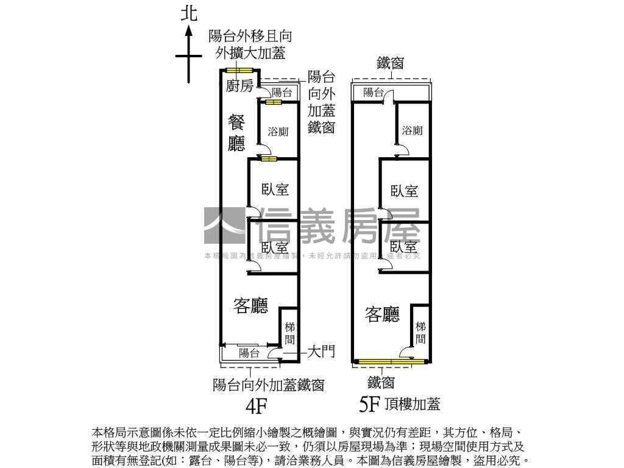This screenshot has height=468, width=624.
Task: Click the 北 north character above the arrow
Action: [x=190, y=14]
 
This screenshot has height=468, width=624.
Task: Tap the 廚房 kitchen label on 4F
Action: [x=239, y=86]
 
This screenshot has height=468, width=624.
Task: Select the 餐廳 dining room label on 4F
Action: [x=236, y=133]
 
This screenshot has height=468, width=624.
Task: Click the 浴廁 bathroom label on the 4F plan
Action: [x=278, y=131]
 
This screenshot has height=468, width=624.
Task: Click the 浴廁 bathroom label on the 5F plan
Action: [x=412, y=130]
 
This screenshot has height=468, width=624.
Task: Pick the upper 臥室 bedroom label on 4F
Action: [x=275, y=190]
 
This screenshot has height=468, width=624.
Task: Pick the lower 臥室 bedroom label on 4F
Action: [x=275, y=247]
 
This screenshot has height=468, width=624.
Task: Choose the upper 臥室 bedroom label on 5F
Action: [x=405, y=191]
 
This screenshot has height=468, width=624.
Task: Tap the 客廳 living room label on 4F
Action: [x=250, y=307]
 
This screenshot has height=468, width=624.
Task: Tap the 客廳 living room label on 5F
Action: [x=382, y=314]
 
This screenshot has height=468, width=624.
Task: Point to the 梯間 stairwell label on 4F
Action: [x=290, y=333]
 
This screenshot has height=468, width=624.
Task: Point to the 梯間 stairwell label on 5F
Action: [x=420, y=333]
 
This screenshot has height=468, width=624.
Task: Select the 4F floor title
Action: [x=256, y=405]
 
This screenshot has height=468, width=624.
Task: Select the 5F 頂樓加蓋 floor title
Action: [x=400, y=403]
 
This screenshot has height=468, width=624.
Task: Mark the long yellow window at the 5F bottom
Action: [x=391, y=362]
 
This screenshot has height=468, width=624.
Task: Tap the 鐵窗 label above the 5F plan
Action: [x=390, y=63]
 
